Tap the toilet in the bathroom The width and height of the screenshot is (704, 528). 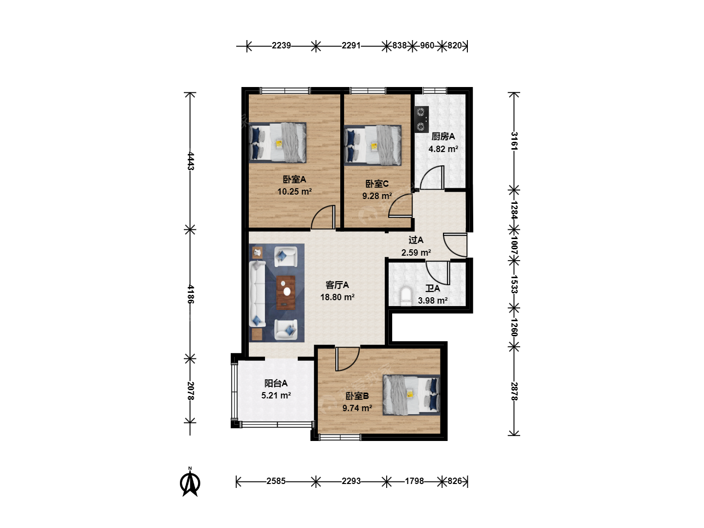click(406, 297)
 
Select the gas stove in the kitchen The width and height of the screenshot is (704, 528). click(421, 119)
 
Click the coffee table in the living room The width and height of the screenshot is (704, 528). click(286, 292)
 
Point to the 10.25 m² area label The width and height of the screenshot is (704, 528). click(294, 192)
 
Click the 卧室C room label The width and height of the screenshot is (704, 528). click(377, 184)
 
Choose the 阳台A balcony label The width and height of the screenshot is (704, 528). click(276, 383)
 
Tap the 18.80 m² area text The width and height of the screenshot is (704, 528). click(337, 297)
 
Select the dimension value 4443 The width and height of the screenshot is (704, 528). click(191, 161)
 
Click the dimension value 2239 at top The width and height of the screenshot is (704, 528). click(281, 45)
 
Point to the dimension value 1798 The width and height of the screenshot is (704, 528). click(414, 481)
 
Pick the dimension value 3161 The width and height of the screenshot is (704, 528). click(514, 141)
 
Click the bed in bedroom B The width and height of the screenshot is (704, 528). click(411, 395)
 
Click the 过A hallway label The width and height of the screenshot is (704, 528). click(416, 240)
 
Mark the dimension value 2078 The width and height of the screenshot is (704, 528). click(191, 391)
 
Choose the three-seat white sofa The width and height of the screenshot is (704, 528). click(258, 294)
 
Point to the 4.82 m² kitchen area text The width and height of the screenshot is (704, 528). click(443, 149)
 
